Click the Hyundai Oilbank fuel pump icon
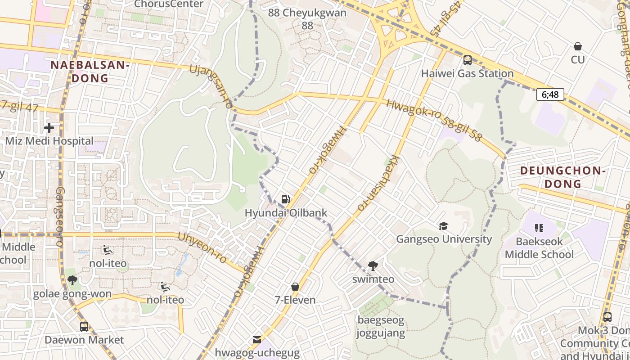[x=285, y=199]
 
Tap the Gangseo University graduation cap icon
[x=444, y=225]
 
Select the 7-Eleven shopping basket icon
[x=295, y=287]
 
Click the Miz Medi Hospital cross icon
[x=49, y=128]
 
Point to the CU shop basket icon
[x=578, y=46]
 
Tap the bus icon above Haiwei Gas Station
[x=468, y=60]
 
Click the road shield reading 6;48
[x=550, y=94]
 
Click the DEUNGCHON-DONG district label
[x=561, y=177]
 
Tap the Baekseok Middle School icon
[x=539, y=228]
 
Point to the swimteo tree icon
[x=373, y=266]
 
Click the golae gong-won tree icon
[x=72, y=281]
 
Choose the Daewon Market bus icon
[x=84, y=327]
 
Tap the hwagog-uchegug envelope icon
[x=257, y=340]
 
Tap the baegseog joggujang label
[x=381, y=327]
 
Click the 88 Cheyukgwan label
[x=307, y=18]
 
